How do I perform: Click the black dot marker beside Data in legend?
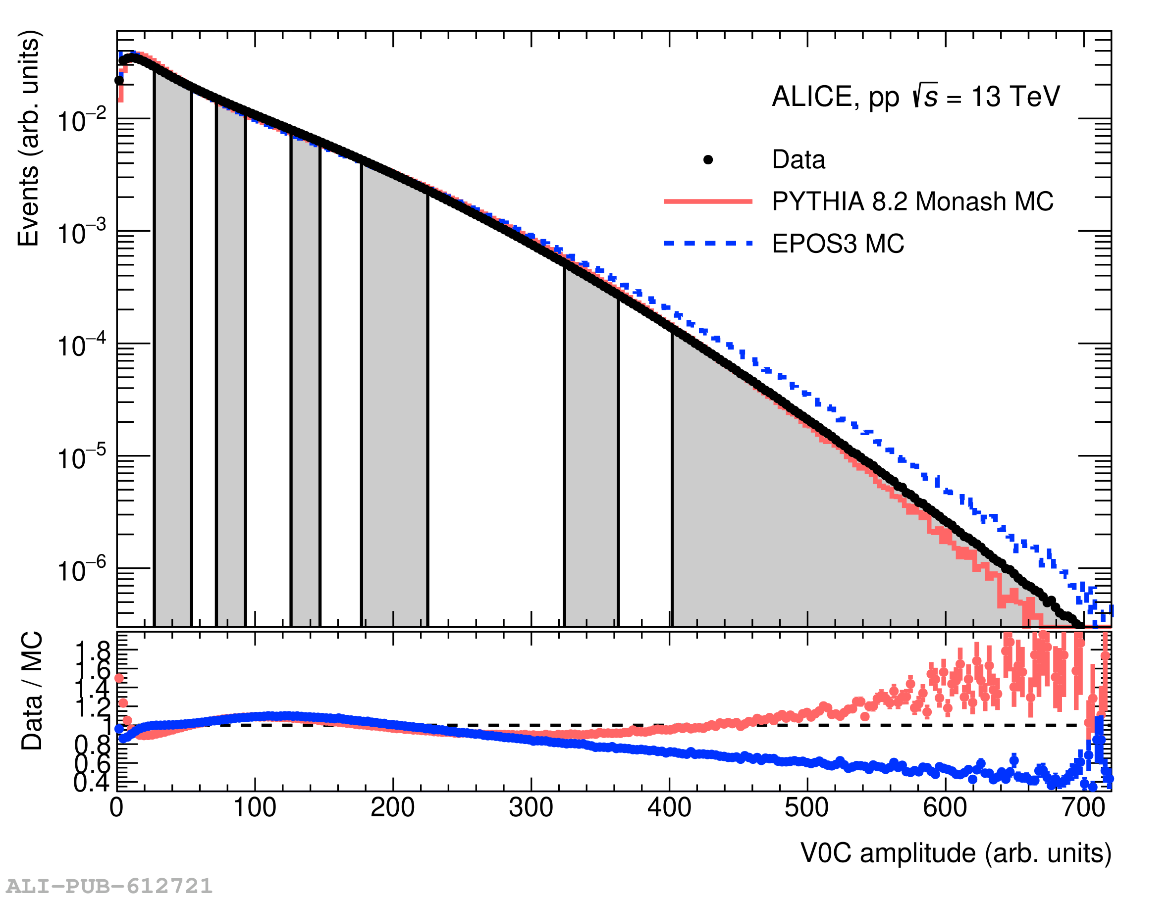(707, 159)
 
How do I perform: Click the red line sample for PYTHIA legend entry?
(707, 201)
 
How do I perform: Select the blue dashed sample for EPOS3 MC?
(707, 244)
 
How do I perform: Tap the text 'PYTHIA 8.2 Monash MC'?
(912, 202)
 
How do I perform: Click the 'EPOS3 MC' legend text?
(838, 244)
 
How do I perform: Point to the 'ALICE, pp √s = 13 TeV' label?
(915, 97)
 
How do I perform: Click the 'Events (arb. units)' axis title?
(29, 139)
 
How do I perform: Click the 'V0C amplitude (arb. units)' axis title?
(956, 853)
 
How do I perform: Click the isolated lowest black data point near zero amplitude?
(119, 80)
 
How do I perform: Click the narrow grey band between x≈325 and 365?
(591, 455)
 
